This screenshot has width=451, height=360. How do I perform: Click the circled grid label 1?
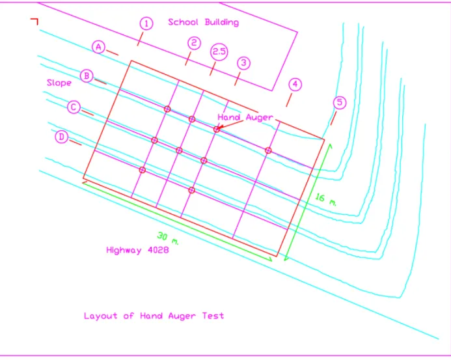(x=146, y=23)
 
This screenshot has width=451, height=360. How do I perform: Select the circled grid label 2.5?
(x=219, y=52)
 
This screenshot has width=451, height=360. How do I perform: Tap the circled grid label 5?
(x=340, y=102)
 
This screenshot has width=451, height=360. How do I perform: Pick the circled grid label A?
(x=99, y=47)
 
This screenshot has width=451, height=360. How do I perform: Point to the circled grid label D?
(x=62, y=137)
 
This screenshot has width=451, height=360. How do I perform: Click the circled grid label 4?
(x=295, y=85)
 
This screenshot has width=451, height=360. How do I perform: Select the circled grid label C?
(x=74, y=107)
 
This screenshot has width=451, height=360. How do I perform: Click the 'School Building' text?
(x=203, y=22)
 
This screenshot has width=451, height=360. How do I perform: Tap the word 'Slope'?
(x=59, y=83)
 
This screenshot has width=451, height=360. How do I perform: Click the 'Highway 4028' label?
(x=137, y=250)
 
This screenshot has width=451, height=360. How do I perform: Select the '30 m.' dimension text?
(x=168, y=238)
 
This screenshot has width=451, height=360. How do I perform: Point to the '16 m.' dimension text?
(x=325, y=199)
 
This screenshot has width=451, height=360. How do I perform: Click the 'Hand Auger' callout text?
(x=245, y=117)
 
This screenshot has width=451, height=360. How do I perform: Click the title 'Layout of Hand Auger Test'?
(x=154, y=316)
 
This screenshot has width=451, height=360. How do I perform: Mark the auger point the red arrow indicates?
(x=217, y=129)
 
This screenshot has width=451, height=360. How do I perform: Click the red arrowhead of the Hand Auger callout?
(x=221, y=127)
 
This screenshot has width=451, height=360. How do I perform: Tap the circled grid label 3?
(x=243, y=63)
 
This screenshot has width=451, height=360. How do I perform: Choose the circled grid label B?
(x=87, y=76)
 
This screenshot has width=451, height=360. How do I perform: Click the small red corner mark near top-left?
(x=34, y=21)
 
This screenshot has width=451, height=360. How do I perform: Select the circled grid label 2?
(x=194, y=43)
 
